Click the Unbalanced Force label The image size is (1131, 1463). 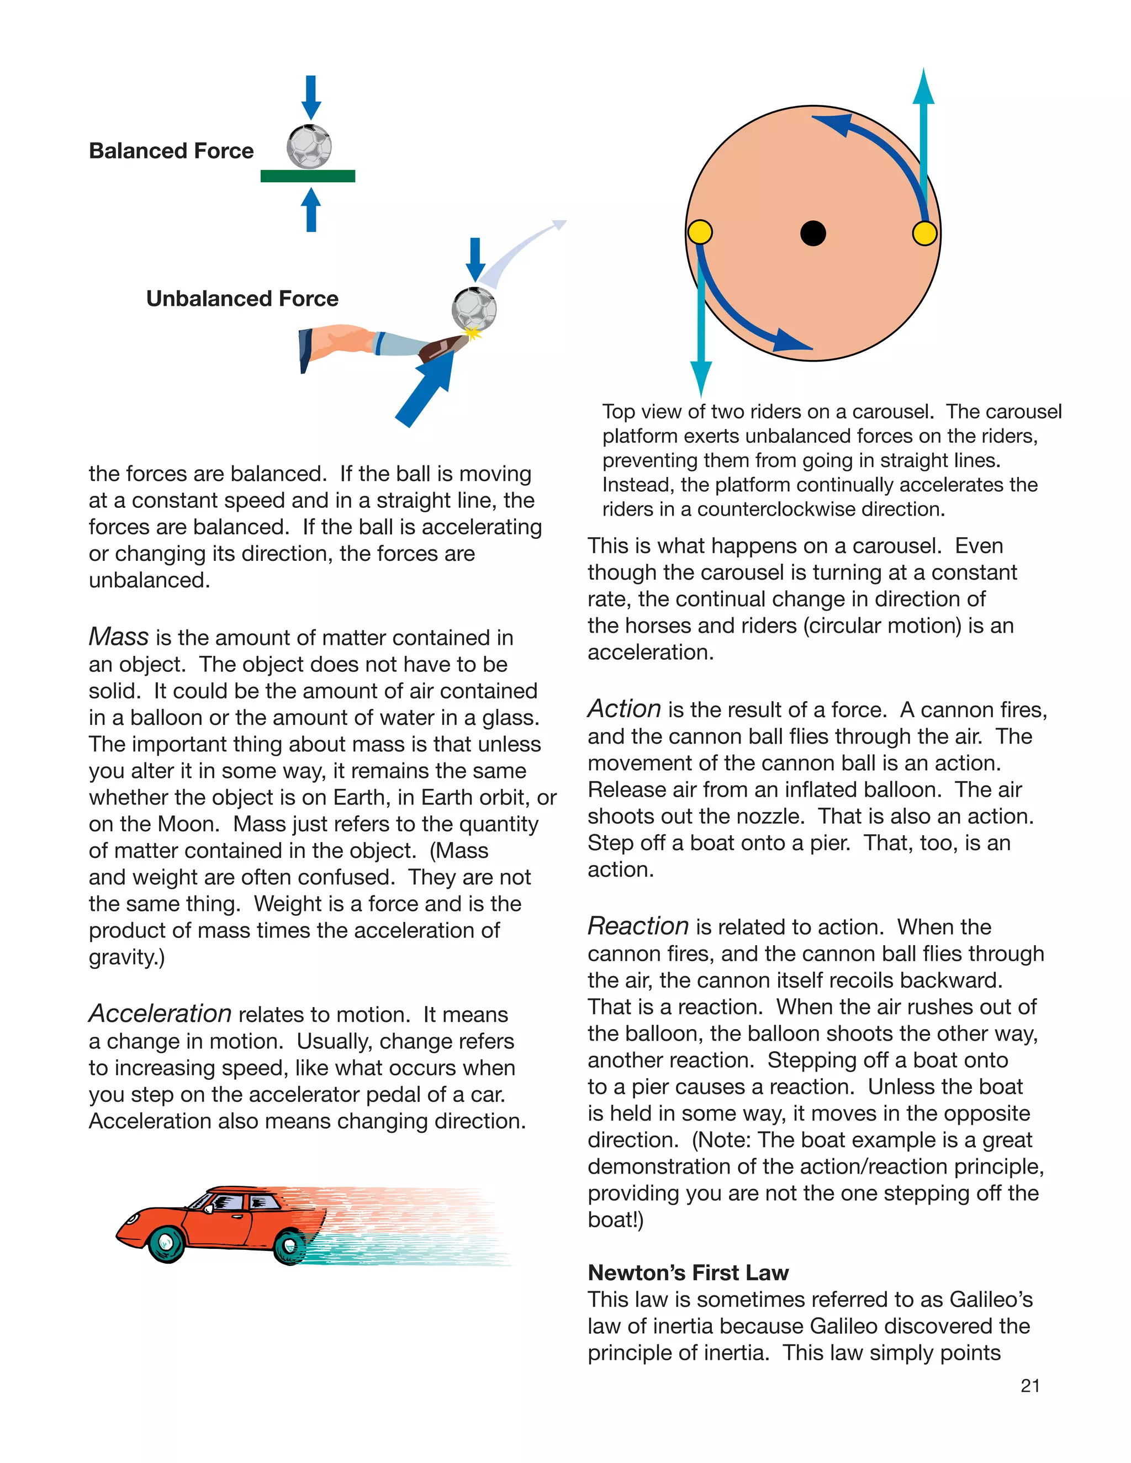click(242, 298)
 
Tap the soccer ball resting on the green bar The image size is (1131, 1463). click(309, 146)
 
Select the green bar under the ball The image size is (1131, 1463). click(308, 176)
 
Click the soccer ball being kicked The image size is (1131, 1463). click(474, 309)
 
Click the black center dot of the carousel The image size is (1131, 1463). click(813, 233)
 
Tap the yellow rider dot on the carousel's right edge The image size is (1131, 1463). click(924, 233)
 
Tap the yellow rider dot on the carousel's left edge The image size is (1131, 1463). click(700, 232)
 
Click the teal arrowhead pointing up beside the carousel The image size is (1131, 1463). click(923, 87)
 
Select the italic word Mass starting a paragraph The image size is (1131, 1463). click(119, 637)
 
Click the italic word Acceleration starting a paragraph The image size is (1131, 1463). click(160, 1014)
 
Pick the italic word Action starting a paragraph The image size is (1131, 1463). click(625, 709)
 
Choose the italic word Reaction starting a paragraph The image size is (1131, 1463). click(638, 926)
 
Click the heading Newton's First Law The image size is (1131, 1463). click(688, 1272)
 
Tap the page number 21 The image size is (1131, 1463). click(1030, 1385)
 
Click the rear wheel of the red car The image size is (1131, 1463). click(290, 1247)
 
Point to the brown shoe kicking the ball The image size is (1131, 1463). click(442, 348)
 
